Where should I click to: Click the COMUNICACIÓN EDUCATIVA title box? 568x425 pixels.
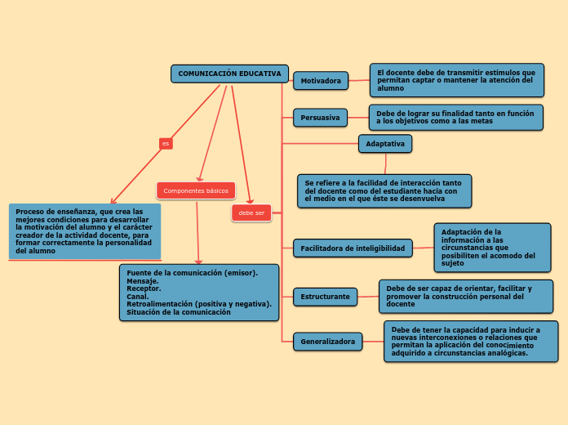pos(229,74)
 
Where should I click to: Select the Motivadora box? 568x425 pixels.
pos(321,81)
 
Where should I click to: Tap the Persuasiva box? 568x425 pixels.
pos(320,118)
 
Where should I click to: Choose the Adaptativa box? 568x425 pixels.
pos(385,144)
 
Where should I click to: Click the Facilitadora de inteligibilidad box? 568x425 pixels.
pos(353,248)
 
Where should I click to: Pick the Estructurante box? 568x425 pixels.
pos(325,297)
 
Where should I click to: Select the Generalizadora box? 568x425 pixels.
pos(327,342)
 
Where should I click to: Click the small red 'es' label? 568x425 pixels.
pos(166,144)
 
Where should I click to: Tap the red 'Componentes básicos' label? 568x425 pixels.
pos(196,190)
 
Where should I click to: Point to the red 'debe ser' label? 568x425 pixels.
pos(251,213)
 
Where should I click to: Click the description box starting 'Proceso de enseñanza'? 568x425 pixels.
pos(84,231)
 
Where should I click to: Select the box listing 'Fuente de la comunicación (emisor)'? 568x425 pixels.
pos(199,292)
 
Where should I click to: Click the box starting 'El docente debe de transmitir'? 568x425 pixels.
pos(456,80)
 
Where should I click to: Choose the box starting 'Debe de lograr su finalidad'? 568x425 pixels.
pos(456,117)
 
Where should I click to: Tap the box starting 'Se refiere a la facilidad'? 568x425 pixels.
pos(384,190)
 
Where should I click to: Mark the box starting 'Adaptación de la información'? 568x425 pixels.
pos(492,247)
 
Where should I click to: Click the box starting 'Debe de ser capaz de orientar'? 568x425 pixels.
pos(465,296)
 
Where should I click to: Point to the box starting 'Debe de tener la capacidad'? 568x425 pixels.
pos(471,342)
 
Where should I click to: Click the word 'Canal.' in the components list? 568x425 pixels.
pos(138,297)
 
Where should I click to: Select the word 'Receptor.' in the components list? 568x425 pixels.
pos(144,289)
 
